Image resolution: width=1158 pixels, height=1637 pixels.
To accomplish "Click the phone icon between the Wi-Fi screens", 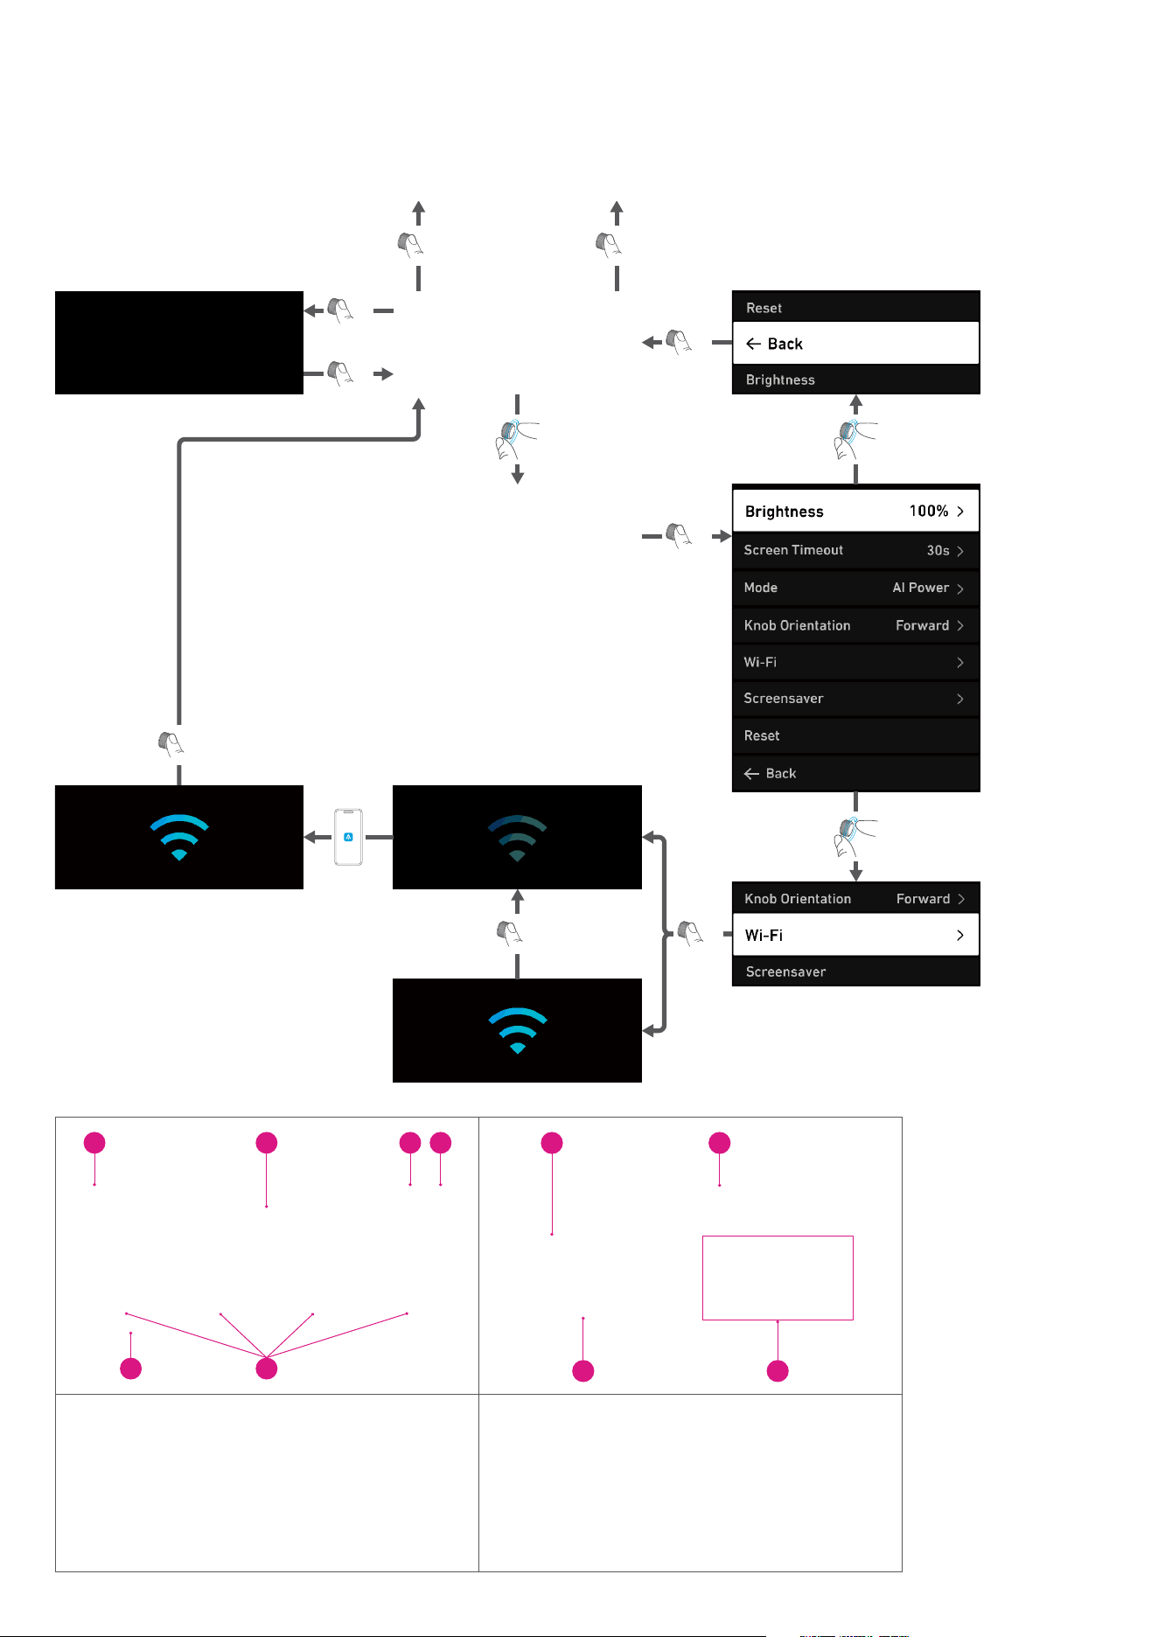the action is coord(348,837).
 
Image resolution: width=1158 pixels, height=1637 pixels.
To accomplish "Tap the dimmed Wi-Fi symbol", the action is coord(517,838).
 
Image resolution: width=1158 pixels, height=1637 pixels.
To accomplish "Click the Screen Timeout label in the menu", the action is coord(793,550).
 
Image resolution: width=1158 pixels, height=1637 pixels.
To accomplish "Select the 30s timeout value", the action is coord(938,550).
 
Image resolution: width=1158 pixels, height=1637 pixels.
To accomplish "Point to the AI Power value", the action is coord(920,588).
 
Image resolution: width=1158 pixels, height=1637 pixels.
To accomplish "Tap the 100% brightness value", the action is coord(929,511).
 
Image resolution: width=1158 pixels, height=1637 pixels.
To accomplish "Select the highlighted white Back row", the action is coord(855,343).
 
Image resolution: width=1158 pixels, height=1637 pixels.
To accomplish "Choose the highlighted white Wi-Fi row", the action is coord(855,935).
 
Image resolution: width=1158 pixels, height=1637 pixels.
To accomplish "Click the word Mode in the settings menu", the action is coord(760,588).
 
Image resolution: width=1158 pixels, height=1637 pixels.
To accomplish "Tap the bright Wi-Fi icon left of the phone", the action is coord(179,838).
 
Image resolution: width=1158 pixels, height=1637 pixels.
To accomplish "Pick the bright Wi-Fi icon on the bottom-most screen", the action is coord(517,1031).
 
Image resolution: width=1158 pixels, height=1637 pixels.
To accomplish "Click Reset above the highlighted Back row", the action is coord(764,308).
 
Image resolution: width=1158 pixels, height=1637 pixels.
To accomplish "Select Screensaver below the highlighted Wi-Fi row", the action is coord(785,972).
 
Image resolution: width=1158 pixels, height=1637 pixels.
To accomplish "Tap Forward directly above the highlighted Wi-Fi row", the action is coord(923,899).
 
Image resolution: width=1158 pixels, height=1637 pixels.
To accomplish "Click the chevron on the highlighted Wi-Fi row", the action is coord(960,935).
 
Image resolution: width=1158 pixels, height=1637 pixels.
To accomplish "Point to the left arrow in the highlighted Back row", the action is coord(753,344).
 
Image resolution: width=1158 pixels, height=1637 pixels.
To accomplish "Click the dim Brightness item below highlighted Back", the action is coord(780,380).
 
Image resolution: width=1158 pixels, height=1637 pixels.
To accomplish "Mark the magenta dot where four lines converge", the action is coord(267,1369).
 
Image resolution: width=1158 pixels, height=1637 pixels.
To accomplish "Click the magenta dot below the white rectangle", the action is coord(778,1371).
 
